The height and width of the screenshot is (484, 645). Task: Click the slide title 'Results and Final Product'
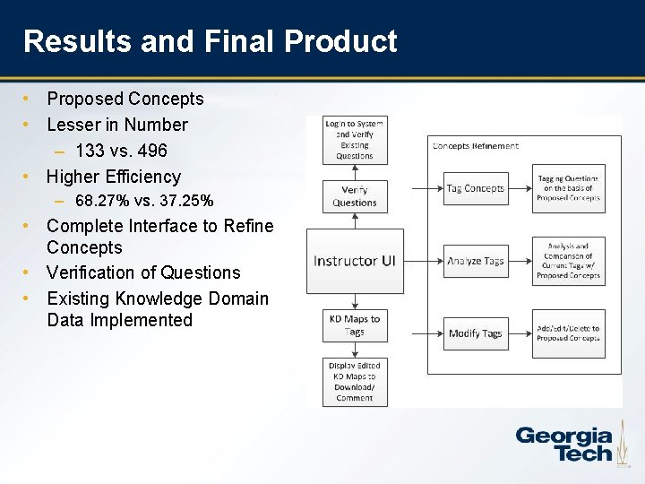[210, 41]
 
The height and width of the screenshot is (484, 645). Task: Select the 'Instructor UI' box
[354, 261]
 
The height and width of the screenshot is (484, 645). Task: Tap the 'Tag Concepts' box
[476, 188]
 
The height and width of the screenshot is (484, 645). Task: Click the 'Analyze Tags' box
[476, 261]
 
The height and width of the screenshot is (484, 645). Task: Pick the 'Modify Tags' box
[476, 333]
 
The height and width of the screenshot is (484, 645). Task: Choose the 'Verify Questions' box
[355, 195]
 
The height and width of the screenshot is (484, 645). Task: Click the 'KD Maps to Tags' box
[356, 324]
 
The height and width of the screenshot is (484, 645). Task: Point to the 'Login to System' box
[355, 140]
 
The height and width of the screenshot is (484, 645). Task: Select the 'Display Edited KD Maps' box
[355, 382]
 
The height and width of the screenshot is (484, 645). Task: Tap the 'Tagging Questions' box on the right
[568, 188]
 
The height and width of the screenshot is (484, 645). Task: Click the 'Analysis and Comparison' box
[568, 261]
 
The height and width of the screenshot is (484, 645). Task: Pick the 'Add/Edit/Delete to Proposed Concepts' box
[568, 333]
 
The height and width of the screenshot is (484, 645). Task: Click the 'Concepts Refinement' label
[475, 146]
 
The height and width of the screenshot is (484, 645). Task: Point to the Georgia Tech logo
[563, 443]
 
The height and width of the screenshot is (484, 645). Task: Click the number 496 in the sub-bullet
[150, 151]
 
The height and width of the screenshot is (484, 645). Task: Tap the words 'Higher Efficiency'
[114, 177]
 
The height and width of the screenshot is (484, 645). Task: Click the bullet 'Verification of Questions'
[143, 272]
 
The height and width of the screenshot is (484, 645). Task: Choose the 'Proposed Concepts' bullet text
[125, 99]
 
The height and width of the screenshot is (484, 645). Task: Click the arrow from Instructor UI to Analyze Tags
[422, 261]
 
